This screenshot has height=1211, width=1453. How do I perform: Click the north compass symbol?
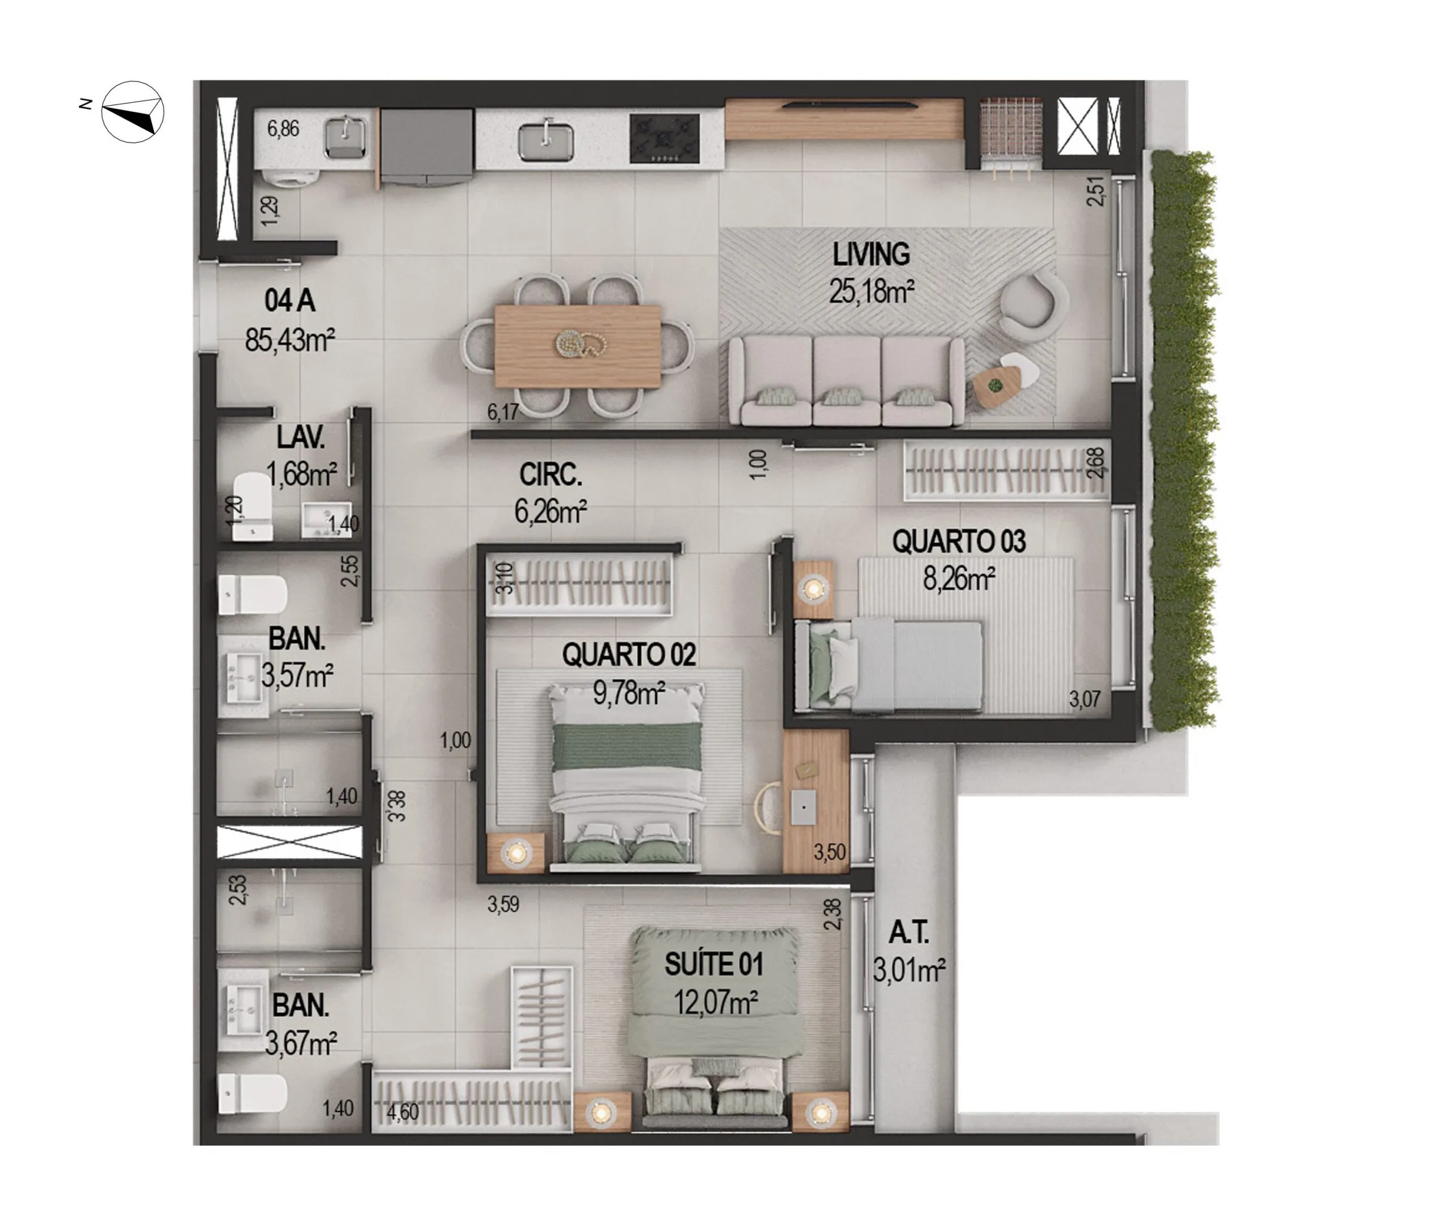coord(132,112)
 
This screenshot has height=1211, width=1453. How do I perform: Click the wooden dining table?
coord(578,345)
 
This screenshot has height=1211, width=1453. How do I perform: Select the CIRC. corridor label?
coord(550,475)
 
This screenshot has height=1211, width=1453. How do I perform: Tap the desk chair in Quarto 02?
coord(768,807)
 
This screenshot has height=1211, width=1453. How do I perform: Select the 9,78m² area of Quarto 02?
coord(628,692)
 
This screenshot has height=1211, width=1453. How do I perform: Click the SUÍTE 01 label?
coord(713,964)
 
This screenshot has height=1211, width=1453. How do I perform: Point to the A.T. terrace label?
coord(909,933)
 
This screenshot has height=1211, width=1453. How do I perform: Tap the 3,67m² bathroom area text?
coord(300,1043)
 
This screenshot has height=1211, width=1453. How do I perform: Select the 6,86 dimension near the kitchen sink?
coord(283,129)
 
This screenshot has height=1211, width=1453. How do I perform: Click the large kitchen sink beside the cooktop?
coord(546,141)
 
